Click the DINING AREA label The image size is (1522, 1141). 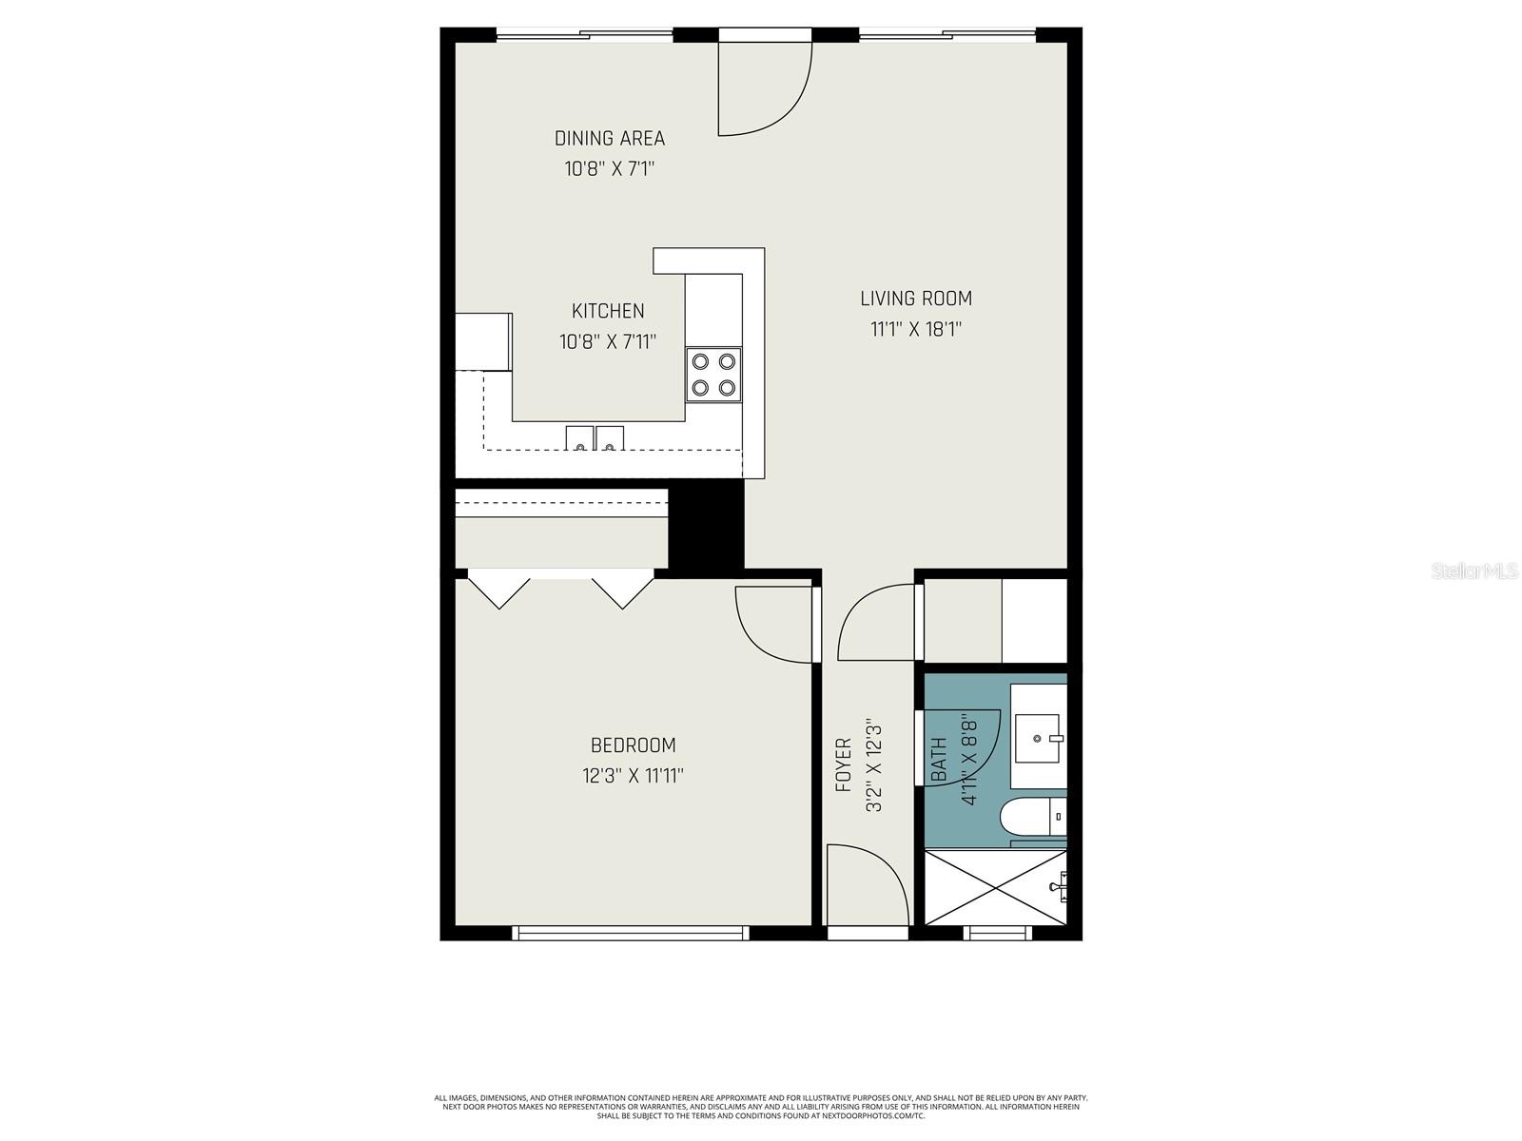point(610,139)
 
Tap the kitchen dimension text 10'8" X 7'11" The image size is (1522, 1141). point(608,341)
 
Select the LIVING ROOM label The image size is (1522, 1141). point(916,299)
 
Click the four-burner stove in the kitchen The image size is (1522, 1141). point(713,374)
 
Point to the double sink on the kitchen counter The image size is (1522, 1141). point(595,438)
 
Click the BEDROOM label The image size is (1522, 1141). point(633,745)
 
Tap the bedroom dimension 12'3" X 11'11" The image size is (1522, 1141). point(633,776)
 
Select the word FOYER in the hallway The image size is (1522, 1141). point(843,764)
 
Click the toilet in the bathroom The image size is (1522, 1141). point(1032,816)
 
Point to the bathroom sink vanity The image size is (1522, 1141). point(1038,738)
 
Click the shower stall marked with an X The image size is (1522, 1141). point(994,887)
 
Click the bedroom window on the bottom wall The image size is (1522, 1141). point(631,933)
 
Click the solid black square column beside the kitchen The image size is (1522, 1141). point(707,526)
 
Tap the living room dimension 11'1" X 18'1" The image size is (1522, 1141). point(916,330)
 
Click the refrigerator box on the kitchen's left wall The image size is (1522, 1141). point(483,341)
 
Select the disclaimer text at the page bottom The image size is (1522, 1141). point(761,1106)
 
